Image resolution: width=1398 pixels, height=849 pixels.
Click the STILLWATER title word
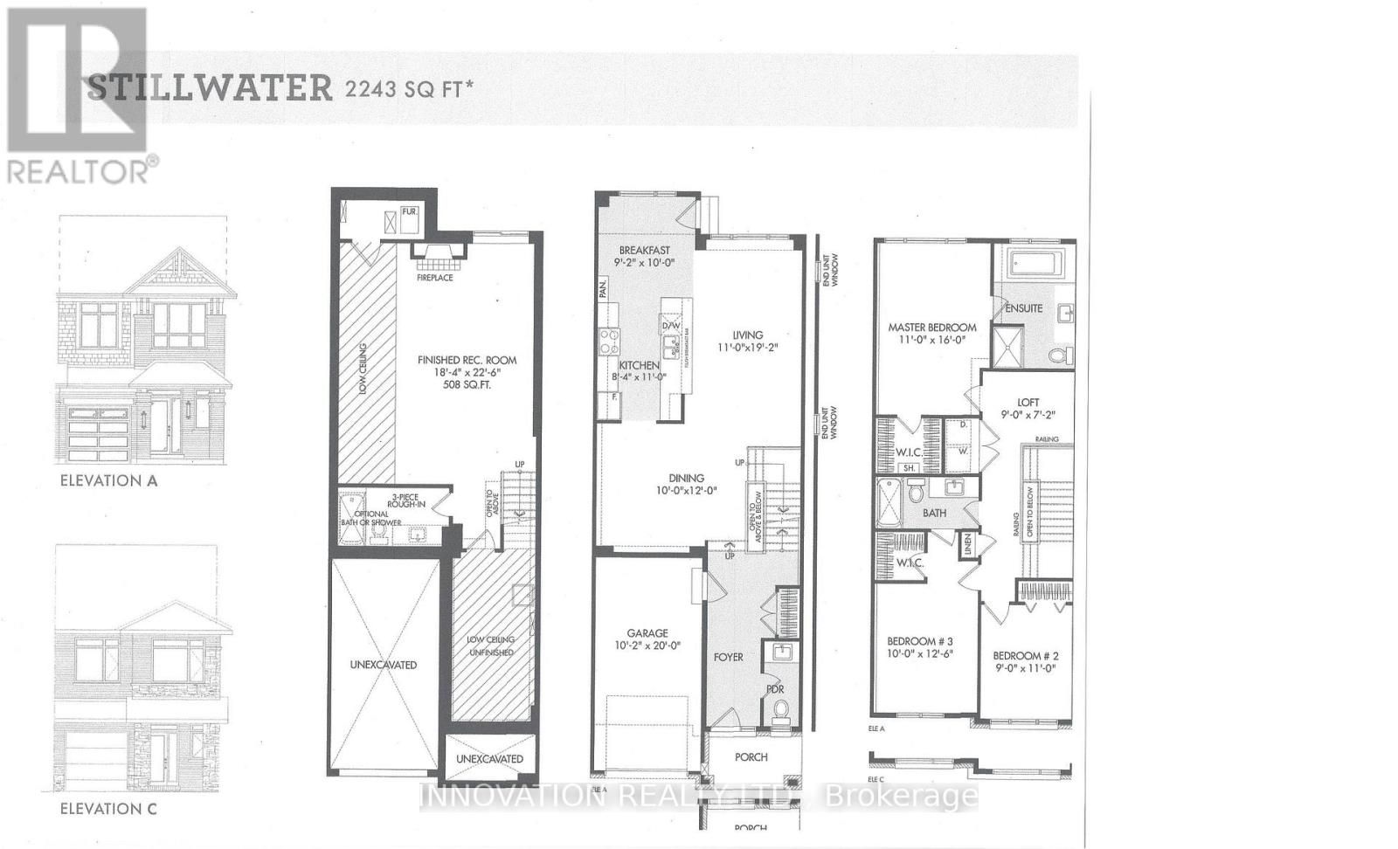click(x=210, y=88)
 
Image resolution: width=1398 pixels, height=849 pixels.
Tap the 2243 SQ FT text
click(x=409, y=89)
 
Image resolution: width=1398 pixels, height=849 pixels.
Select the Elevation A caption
click(x=108, y=480)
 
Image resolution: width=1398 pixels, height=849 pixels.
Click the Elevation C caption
click(x=108, y=809)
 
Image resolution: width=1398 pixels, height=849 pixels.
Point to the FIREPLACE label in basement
click(x=434, y=278)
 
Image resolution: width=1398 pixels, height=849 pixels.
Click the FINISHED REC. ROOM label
click(x=467, y=360)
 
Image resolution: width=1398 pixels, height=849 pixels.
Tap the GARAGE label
click(x=647, y=633)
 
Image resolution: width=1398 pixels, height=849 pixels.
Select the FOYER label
click(x=729, y=657)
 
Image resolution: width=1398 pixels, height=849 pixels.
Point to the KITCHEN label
click(x=640, y=365)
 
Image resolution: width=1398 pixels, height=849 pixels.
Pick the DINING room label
click(x=687, y=478)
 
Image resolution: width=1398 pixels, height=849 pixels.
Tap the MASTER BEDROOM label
click(x=931, y=328)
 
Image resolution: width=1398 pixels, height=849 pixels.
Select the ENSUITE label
click(x=1023, y=308)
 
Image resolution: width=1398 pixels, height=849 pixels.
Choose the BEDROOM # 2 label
click(x=1026, y=656)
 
